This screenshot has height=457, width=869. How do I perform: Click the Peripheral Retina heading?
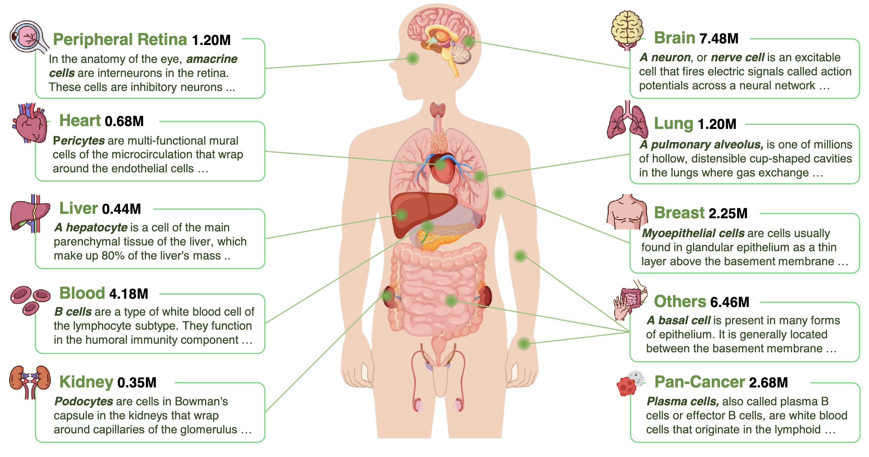tap(120, 40)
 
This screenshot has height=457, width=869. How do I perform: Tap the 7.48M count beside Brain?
tap(719, 39)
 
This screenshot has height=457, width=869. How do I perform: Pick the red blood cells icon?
tap(30, 299)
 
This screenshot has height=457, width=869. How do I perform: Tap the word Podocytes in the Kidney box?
tap(84, 401)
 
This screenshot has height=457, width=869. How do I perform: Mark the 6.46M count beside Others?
tap(730, 302)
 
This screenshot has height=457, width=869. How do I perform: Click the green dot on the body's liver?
tap(401, 215)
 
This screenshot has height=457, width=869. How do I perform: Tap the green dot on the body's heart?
tap(440, 165)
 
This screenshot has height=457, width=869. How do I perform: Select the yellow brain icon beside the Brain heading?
tap(627, 29)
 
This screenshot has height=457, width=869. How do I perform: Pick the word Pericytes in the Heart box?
tap(79, 141)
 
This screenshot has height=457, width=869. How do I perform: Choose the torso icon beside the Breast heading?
tap(627, 212)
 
